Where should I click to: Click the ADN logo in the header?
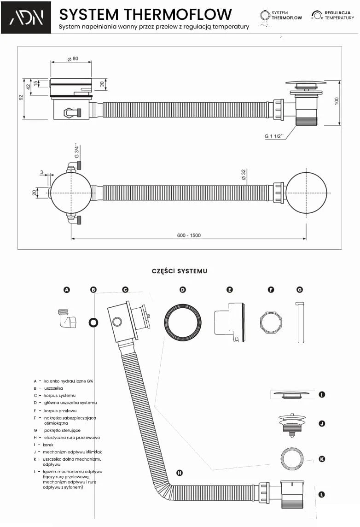click(x=26, y=18)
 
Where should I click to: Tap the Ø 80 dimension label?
click(x=72, y=59)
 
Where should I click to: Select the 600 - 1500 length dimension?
click(x=189, y=235)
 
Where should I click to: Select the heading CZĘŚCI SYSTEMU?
click(x=180, y=271)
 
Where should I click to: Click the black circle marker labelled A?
click(x=67, y=290)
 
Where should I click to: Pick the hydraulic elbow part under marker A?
click(x=67, y=318)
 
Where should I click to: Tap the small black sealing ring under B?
click(x=93, y=322)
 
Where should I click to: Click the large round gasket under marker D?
click(x=183, y=322)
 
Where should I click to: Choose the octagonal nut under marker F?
click(x=271, y=322)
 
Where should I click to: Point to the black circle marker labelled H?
click(x=180, y=473)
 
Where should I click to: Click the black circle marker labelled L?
click(x=322, y=494)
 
